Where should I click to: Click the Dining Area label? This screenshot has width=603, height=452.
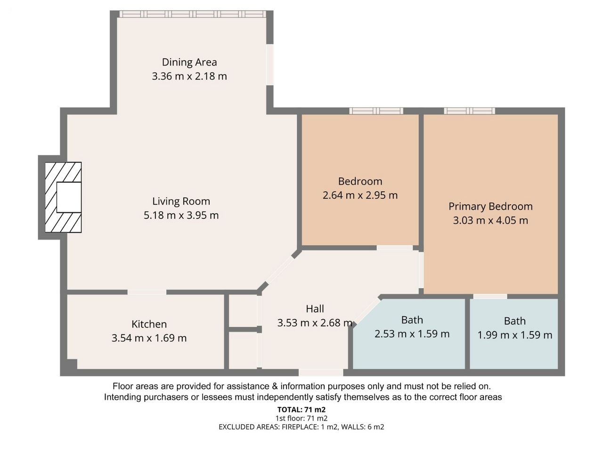189,62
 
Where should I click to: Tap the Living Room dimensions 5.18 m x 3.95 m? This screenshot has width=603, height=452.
181,215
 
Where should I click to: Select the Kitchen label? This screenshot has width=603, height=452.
149,324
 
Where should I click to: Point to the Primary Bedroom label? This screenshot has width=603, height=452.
490,207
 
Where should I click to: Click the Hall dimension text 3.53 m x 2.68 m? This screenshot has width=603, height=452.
315,323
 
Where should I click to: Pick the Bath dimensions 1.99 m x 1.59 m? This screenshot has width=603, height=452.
514,335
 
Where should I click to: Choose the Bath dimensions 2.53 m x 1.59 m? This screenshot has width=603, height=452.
412,334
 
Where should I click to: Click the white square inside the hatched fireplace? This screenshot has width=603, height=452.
69,197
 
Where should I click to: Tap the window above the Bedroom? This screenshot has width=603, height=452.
376,111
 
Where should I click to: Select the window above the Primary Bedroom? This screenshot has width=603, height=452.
469,111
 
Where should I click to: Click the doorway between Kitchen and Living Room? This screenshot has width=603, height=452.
147,292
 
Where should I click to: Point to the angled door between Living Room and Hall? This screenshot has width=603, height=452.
280,269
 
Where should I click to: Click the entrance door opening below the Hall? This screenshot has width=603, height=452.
321,372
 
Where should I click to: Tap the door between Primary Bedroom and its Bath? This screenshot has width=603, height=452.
490,297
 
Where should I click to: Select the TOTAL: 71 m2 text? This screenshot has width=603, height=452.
301,410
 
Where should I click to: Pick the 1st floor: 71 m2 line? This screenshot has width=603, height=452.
301,418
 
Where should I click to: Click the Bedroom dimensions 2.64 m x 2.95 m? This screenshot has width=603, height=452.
360,195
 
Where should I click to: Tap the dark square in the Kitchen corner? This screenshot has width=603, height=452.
72,364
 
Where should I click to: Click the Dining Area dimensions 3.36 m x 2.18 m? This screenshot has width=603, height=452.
189,76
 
